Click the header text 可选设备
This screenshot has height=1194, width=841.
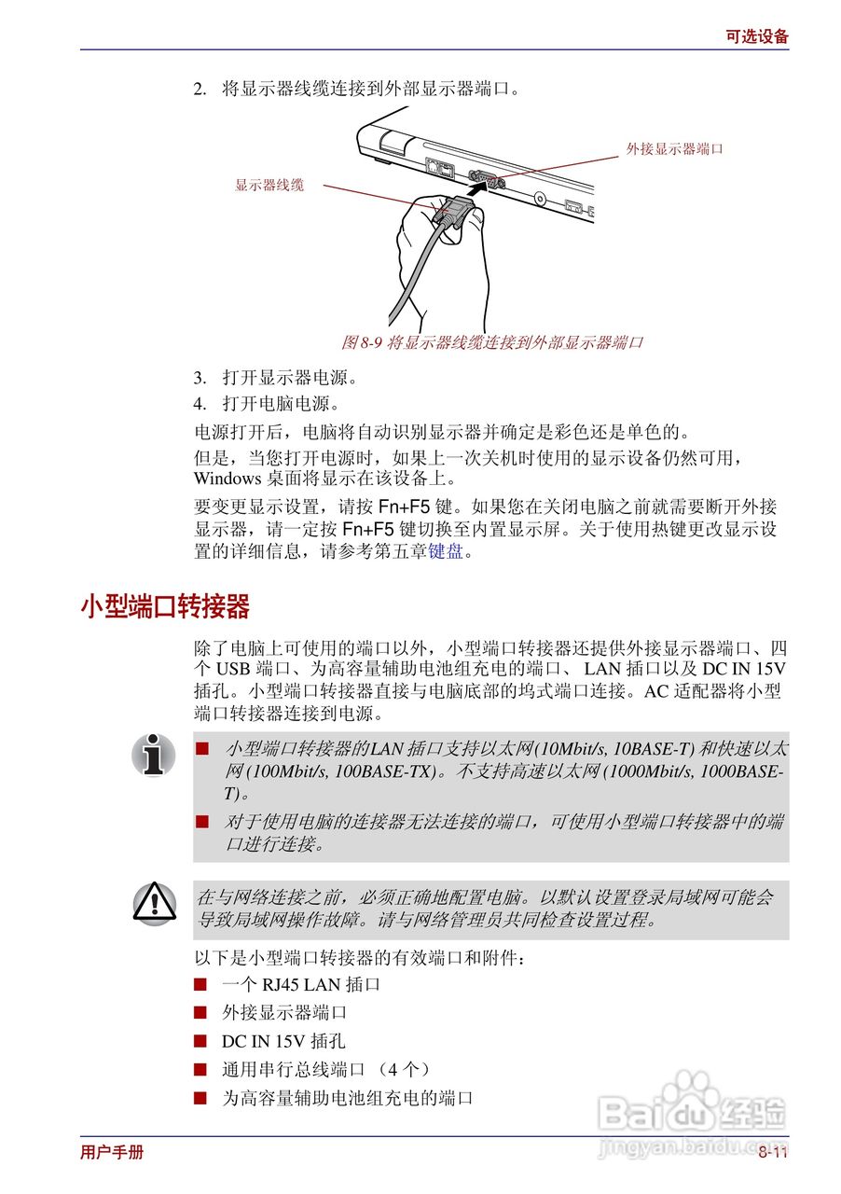756,36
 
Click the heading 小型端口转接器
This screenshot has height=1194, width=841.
165,607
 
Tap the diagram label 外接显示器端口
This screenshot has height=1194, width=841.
674,148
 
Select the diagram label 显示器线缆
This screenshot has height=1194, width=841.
269,186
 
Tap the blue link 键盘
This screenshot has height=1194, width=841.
445,551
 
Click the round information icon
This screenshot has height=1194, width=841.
154,755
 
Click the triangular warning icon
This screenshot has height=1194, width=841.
154,902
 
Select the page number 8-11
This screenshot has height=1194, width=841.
772,1152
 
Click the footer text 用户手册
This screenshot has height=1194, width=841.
112,1152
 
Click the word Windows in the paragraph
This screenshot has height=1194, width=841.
227,479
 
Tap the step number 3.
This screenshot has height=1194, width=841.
199,378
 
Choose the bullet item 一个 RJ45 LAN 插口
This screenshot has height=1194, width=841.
300,984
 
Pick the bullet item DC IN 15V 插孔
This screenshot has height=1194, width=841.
283,1041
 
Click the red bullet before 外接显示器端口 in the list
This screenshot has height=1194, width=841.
200,1012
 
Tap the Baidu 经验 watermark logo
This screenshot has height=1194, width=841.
693,1110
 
